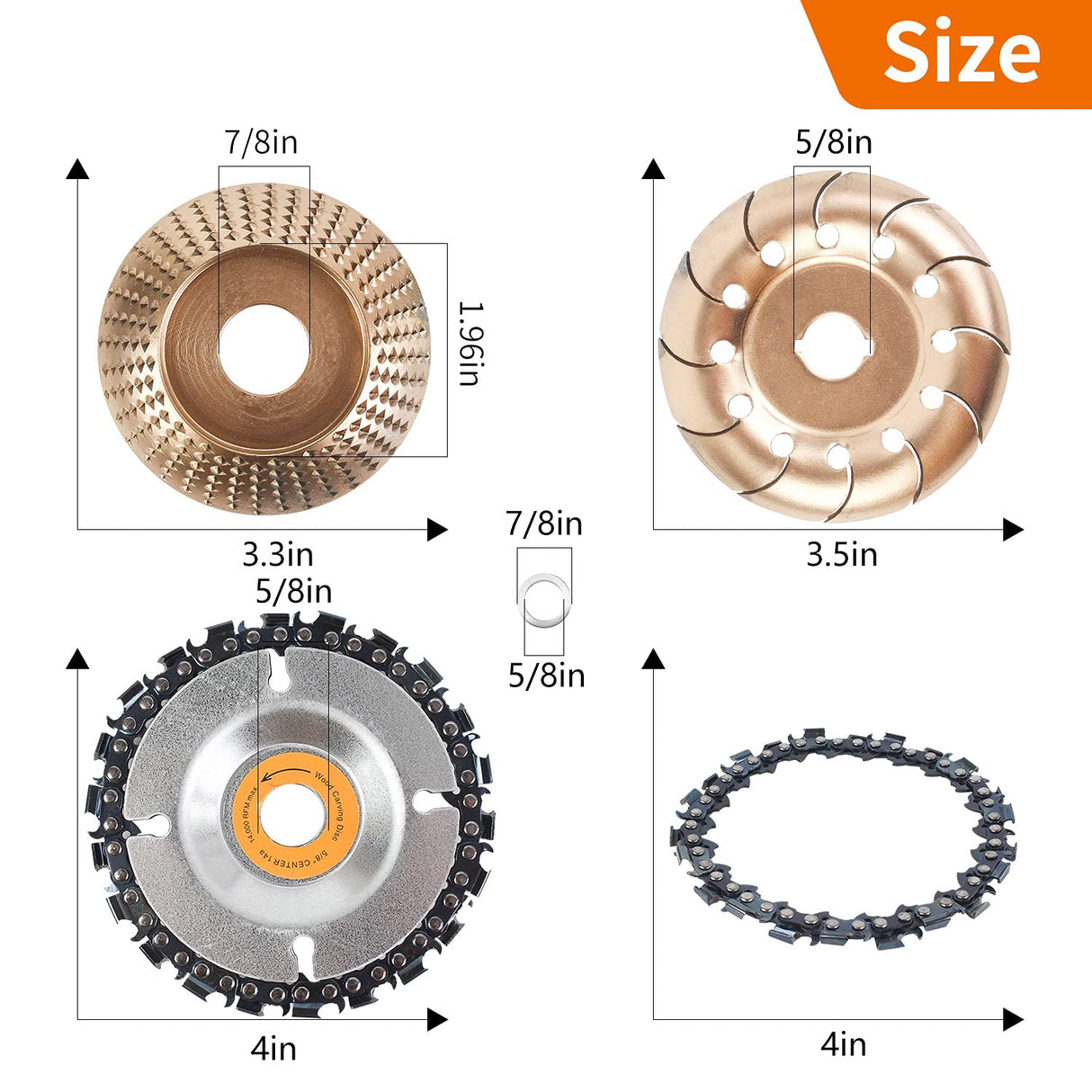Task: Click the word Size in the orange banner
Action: click(962, 51)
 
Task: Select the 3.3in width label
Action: click(278, 554)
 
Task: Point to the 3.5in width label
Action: click(841, 554)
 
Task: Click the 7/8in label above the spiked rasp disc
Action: click(261, 142)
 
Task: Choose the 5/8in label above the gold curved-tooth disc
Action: click(834, 142)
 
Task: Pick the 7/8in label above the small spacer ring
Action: click(544, 524)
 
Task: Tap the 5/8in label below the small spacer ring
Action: click(546, 676)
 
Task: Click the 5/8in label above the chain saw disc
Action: click(294, 591)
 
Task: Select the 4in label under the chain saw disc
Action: click(273, 1048)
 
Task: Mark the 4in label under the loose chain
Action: click(843, 1043)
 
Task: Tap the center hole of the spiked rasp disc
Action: click(264, 346)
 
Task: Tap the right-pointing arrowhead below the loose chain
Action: click(1013, 1019)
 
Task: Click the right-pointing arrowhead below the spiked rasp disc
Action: click(437, 529)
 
